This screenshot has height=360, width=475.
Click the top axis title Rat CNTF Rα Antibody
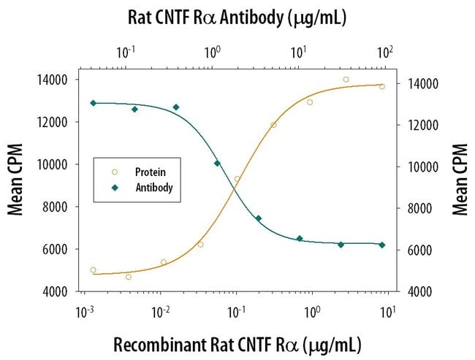[x=237, y=17]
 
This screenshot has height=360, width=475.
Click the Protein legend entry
[x=150, y=172]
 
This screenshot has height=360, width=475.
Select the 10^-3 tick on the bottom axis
[x=85, y=311]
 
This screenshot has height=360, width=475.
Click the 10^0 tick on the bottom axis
[x=312, y=311]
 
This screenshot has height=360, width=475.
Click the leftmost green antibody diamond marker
[x=93, y=103]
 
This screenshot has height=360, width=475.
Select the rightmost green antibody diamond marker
[x=382, y=245]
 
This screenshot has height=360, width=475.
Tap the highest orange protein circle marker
[x=346, y=80]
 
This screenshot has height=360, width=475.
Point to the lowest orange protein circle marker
[x=128, y=277]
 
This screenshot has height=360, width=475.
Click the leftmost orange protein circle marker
[x=93, y=270]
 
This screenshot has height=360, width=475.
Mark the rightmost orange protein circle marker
[x=381, y=86]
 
